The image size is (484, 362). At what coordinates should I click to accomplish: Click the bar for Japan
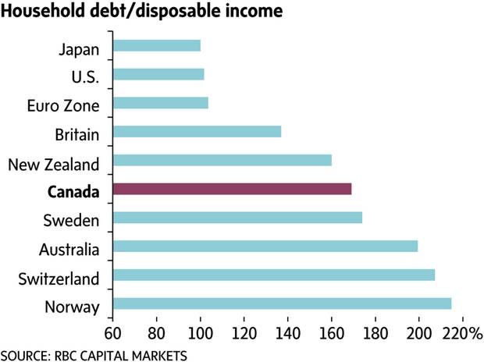coord(157,46)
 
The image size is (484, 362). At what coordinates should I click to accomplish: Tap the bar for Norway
coord(282,303)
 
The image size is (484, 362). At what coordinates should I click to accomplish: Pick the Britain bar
coord(197,132)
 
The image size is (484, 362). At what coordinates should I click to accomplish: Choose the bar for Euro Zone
coord(161,103)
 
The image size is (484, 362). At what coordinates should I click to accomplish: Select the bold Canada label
coord(74,191)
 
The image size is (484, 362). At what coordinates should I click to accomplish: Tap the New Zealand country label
coord(54,164)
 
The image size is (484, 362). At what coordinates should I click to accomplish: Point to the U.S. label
coord(84,78)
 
